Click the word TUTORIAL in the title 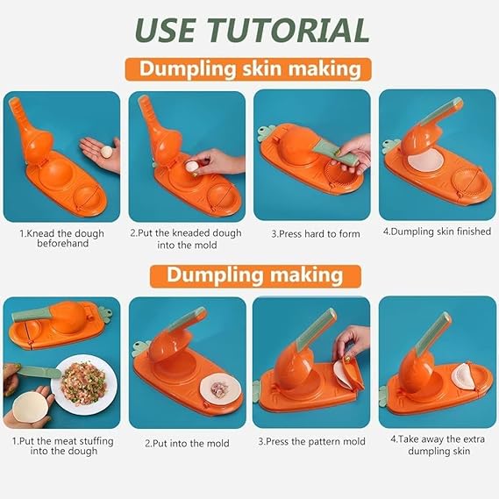pyautogui.click(x=289, y=30)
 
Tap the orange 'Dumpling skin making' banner pyautogui.click(x=248, y=69)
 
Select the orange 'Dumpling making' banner pyautogui.click(x=255, y=275)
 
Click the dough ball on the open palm pyautogui.click(x=106, y=152)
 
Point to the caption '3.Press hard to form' pyautogui.click(x=316, y=234)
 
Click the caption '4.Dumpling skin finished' pyautogui.click(x=437, y=232)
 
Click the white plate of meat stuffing pyautogui.click(x=84, y=384)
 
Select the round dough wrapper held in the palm pyautogui.click(x=31, y=407)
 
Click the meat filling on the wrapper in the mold pyautogui.click(x=220, y=389)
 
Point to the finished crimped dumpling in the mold pyautogui.click(x=464, y=376)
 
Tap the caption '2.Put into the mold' pyautogui.click(x=187, y=443)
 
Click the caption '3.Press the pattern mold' pyautogui.click(x=311, y=441)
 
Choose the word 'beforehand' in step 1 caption pyautogui.click(x=62, y=244)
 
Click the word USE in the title pyautogui.click(x=166, y=30)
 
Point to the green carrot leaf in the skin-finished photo pyautogui.click(x=389, y=146)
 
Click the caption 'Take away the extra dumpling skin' pyautogui.click(x=438, y=445)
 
